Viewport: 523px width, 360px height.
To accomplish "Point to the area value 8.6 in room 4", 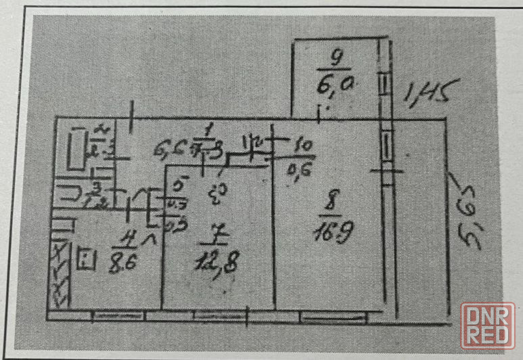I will coord(123,259).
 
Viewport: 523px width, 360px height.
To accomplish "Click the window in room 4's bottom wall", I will coord(113,315).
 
